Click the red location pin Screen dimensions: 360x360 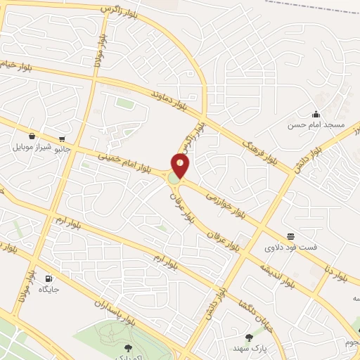click(x=181, y=165)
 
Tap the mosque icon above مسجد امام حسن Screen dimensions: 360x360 click(x=316, y=114)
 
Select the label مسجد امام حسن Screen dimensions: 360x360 click(x=316, y=125)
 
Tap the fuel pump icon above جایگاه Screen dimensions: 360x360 click(x=49, y=278)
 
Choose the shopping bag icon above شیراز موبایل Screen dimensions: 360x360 click(x=32, y=136)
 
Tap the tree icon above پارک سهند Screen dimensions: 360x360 click(x=248, y=337)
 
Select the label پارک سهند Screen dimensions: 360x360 click(x=247, y=348)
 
